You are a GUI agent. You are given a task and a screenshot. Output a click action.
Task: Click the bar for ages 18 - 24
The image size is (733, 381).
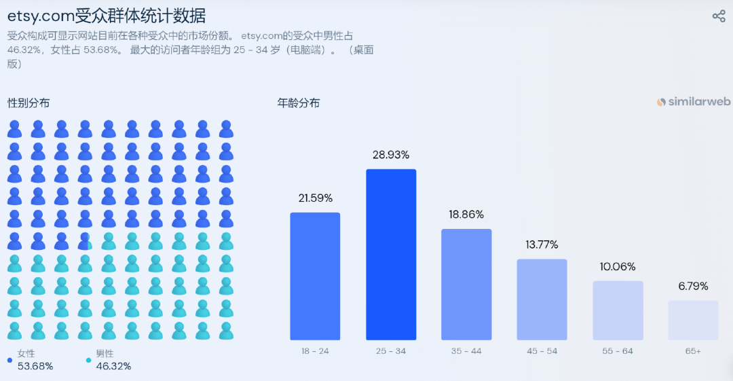(x=315, y=276)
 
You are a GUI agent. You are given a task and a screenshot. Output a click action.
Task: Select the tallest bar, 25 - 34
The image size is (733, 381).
(x=391, y=254)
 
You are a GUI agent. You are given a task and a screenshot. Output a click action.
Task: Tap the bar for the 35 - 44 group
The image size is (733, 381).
(x=466, y=284)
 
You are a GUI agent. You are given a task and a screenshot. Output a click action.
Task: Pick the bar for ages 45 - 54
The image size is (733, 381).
(x=542, y=299)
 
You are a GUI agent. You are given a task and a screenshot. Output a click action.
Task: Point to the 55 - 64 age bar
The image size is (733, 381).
(x=618, y=310)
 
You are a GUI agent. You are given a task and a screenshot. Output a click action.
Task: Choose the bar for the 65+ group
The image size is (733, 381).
(x=693, y=320)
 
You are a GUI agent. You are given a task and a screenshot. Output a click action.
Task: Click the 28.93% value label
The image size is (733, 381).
(x=391, y=155)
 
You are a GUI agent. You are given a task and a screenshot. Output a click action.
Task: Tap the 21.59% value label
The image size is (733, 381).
(x=315, y=198)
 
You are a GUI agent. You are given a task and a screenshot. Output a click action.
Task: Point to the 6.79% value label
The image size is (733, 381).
(x=693, y=287)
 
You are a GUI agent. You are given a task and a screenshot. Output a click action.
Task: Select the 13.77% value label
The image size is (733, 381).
(x=542, y=244)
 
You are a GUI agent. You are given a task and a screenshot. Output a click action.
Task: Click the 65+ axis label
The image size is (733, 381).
(x=693, y=351)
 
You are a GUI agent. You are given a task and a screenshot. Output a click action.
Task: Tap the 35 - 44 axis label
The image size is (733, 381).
(x=466, y=351)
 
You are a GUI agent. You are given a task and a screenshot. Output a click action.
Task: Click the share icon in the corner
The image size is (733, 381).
(x=719, y=16)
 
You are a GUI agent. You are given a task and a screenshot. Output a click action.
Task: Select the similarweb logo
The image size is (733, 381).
(x=694, y=102)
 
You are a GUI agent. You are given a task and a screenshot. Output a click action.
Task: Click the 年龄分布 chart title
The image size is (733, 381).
(x=299, y=103)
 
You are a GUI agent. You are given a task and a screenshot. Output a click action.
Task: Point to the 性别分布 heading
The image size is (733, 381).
(x=29, y=103)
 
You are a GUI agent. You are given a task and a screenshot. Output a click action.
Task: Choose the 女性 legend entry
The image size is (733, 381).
(x=26, y=354)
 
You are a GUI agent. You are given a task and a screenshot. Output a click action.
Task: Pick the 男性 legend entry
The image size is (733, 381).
(x=105, y=354)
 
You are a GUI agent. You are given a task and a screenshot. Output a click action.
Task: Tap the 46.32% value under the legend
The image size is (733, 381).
(x=113, y=366)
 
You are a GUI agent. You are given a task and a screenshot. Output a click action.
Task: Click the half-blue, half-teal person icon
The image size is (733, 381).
(x=85, y=241)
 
